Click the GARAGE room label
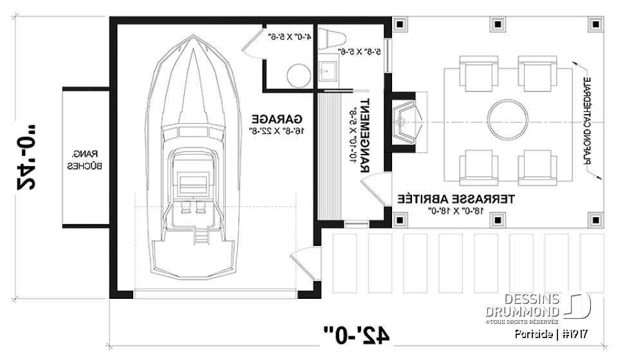[277, 119]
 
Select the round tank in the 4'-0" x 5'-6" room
[297, 75]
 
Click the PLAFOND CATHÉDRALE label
[587, 122]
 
